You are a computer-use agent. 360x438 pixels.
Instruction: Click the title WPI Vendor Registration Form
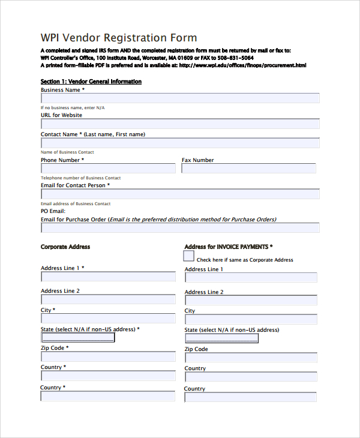pos(118,37)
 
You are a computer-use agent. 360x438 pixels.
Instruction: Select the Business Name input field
pos(180,98)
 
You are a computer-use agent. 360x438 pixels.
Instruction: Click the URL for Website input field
pos(180,124)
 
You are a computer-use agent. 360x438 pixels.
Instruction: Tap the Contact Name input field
pos(180,143)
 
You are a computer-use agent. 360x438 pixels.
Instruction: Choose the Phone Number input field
pos(108,169)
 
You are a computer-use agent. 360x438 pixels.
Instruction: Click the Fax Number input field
pos(248,169)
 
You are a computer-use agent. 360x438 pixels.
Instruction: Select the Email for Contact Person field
pos(180,194)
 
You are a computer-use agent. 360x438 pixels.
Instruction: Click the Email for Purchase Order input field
pos(180,228)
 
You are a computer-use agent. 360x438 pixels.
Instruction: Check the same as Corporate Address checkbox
pos(189,256)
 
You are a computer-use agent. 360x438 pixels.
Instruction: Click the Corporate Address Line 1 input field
pos(108,277)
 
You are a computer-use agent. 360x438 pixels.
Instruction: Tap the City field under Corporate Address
pos(108,319)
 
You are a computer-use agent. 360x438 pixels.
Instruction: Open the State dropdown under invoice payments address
pos(221,338)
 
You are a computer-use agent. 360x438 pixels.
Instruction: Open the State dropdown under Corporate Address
pos(77,338)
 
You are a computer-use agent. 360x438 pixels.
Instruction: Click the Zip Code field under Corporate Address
pos(108,356)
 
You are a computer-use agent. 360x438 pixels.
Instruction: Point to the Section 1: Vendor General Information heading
pos(91,81)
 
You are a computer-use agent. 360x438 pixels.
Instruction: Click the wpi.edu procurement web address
pos(242,65)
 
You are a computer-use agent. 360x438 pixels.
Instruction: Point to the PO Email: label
pos(53,211)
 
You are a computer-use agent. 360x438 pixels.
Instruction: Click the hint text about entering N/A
pos(73,107)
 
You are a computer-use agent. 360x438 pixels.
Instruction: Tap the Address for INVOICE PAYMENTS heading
pos(229,247)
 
